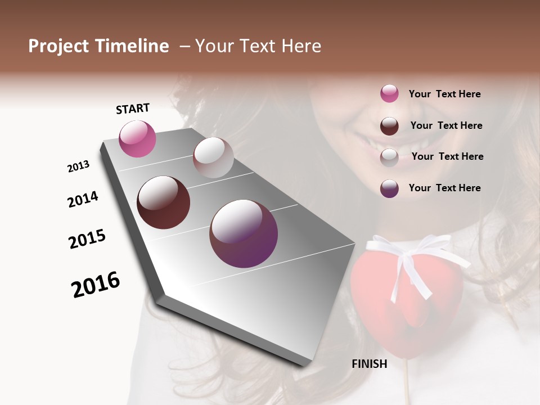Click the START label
click(133, 109)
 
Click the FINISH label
click(370, 364)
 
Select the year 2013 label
click(79, 166)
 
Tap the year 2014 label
click(83, 199)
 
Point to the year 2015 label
click(87, 239)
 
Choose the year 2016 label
click(96, 284)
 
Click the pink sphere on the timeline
click(137, 139)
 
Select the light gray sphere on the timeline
click(213, 157)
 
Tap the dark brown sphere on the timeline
click(163, 202)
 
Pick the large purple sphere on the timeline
click(244, 233)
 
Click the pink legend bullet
click(389, 93)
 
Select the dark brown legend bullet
click(389, 125)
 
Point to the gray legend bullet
click(389, 157)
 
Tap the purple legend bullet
click(389, 188)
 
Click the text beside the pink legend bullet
click(445, 94)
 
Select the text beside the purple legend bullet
click(445, 188)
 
